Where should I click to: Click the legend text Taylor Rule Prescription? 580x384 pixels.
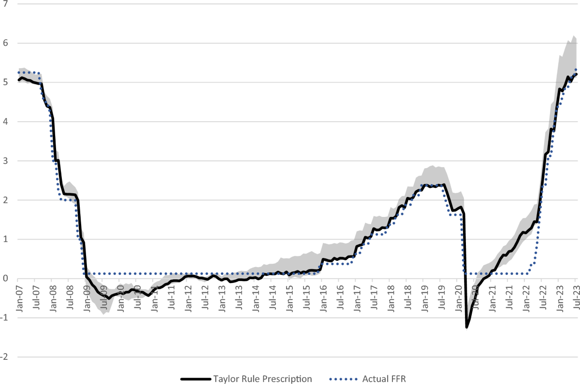262,378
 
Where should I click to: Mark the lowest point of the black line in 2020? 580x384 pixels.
466,327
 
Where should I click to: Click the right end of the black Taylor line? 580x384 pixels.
577,74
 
